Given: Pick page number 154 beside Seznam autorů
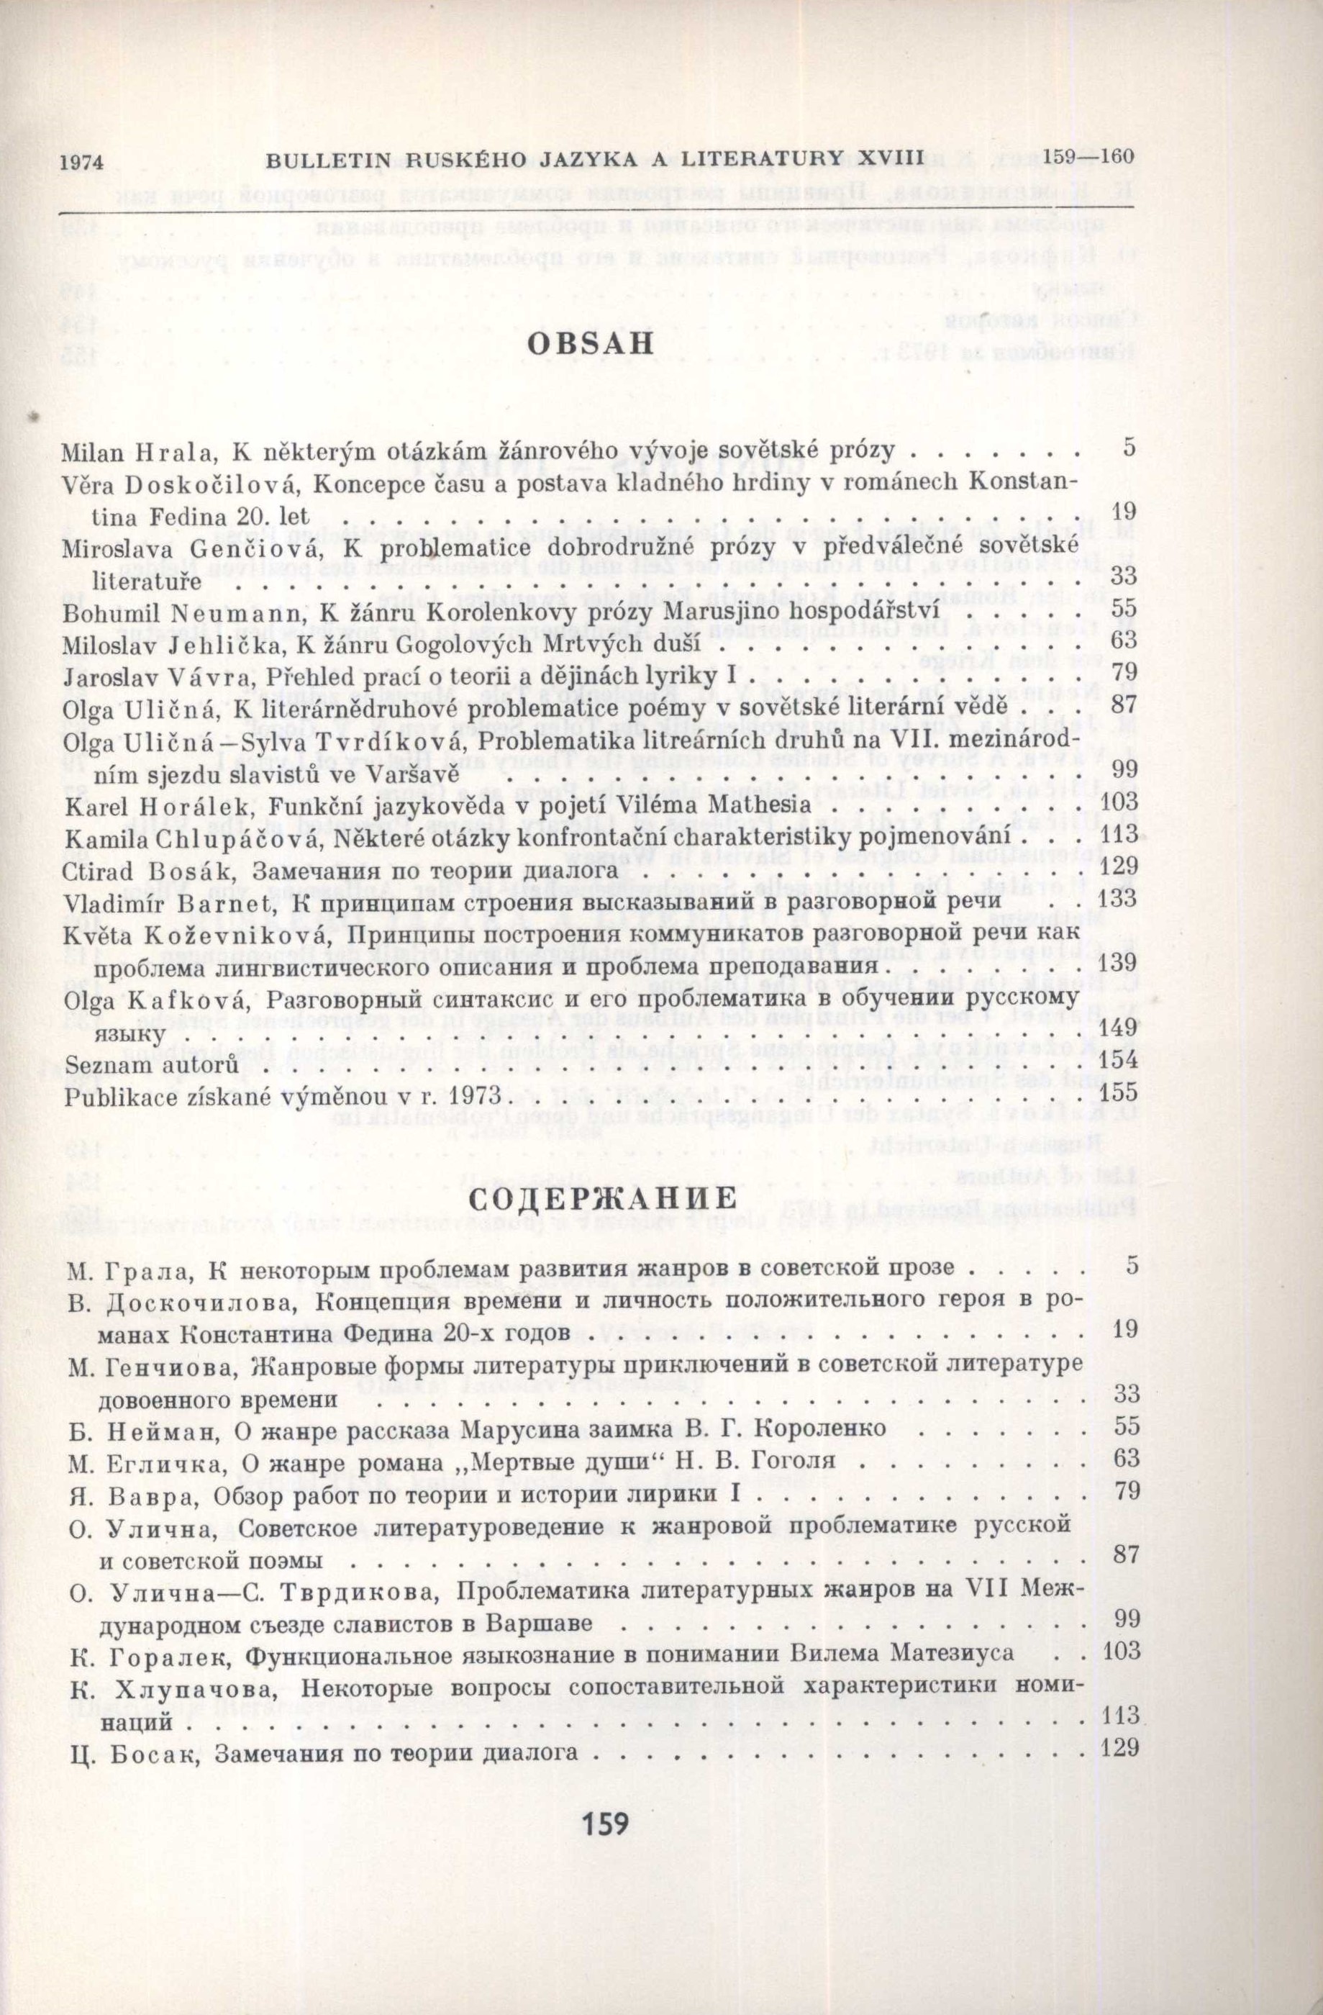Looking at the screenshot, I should (x=1117, y=1067).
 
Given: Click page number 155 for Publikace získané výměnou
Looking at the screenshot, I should (x=1117, y=1098).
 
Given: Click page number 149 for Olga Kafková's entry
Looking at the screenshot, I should (x=1117, y=1035).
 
